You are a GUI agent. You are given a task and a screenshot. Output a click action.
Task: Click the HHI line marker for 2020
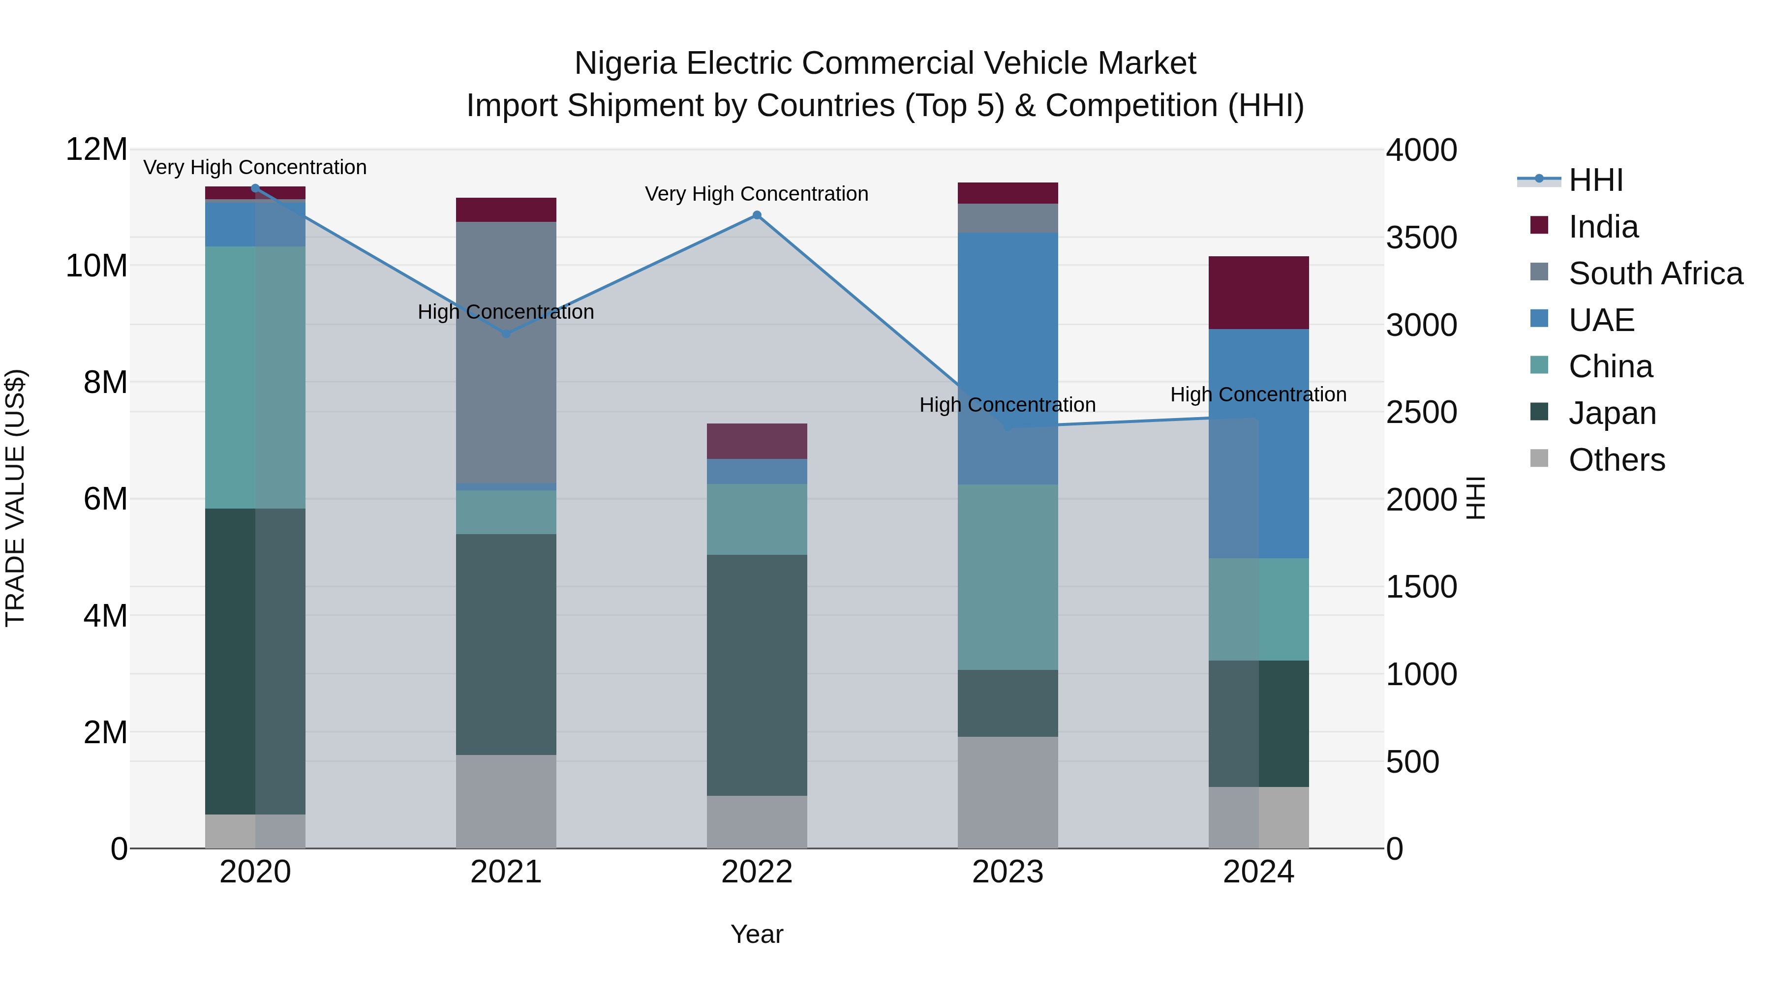[x=255, y=188]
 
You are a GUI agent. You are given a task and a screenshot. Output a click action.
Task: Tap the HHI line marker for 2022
[x=757, y=215]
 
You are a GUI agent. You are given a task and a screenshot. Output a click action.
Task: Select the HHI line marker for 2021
[x=506, y=334]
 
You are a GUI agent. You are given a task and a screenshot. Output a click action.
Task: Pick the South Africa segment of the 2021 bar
[x=506, y=352]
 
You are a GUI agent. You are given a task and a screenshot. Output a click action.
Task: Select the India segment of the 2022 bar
[x=757, y=441]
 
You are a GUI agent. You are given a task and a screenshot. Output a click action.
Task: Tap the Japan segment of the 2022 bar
[x=757, y=675]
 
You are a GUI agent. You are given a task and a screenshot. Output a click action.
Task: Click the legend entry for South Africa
[x=1655, y=273]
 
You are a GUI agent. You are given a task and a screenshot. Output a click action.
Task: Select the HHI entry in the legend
[x=1595, y=180]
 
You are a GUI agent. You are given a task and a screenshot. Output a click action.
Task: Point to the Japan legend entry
[x=1612, y=413]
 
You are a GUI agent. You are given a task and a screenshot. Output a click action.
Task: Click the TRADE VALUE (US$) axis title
[x=15, y=498]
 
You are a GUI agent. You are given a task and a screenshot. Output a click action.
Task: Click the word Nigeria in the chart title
[x=626, y=63]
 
